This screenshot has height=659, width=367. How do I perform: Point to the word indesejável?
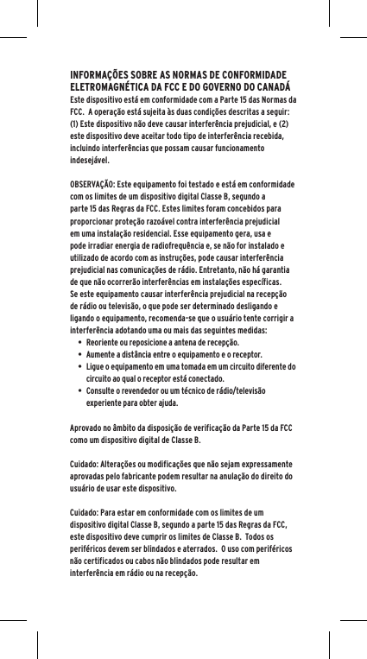coord(88,161)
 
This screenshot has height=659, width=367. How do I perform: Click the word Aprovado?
coord(87,427)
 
